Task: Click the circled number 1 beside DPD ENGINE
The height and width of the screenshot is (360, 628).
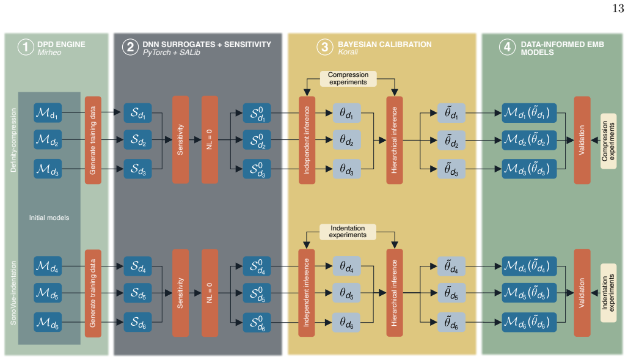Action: click(26, 47)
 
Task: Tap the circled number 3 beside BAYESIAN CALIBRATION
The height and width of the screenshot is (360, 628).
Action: click(325, 47)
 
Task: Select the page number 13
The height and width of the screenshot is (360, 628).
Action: click(618, 8)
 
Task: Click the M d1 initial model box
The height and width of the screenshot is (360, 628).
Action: click(48, 112)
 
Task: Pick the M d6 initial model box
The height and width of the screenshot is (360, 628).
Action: click(48, 322)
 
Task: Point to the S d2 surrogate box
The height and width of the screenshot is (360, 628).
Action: click(138, 139)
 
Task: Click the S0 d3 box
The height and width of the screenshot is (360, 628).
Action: click(257, 169)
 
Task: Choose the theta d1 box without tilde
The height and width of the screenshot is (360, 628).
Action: click(347, 113)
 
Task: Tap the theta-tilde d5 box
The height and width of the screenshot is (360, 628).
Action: click(451, 293)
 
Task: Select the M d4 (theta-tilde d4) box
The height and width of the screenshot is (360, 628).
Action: click(529, 266)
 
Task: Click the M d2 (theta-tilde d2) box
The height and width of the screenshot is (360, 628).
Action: click(529, 140)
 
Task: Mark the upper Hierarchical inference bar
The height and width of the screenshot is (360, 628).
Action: click(395, 140)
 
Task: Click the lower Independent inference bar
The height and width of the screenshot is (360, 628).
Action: click(307, 293)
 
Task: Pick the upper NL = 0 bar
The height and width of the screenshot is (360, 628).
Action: click(210, 139)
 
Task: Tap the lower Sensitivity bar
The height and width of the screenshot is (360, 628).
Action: click(181, 293)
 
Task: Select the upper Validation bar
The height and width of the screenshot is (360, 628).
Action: click(582, 140)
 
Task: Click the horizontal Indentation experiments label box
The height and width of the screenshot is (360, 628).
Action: click(348, 232)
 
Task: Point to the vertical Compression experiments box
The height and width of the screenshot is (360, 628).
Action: click(608, 141)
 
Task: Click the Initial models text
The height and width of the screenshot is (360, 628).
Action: click(49, 218)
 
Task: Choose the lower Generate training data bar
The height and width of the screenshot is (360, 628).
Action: click(93, 293)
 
